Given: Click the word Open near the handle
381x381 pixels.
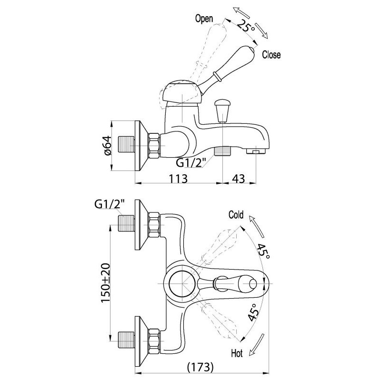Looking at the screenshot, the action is pos(204,19).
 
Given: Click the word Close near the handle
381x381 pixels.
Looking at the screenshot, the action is pos(271,55).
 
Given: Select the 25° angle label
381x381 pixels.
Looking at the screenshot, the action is pos(246,26).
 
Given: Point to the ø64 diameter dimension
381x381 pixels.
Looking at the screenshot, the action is pos(108,146).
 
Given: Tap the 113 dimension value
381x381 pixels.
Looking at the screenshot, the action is pos(178,179).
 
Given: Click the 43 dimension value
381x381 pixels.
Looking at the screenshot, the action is pos(239,179).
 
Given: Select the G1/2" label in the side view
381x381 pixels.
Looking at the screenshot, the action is pos(191,162).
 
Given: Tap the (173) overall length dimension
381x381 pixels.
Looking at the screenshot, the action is pos(200,367).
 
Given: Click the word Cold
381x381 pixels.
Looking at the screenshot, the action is pos(236,215).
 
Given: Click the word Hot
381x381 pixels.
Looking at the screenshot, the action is pos(237,353).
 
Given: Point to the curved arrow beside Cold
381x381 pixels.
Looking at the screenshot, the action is pos(256,226).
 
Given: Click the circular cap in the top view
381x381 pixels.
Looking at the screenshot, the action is pos(182,283).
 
